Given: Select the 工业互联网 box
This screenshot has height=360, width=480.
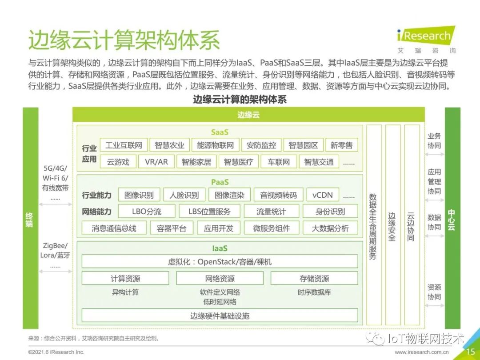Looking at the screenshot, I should (124, 145).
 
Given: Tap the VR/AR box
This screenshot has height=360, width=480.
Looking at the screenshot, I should (156, 162).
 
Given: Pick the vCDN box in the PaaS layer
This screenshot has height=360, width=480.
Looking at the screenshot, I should (323, 195).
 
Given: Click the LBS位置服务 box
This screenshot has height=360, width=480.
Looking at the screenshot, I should (209, 212).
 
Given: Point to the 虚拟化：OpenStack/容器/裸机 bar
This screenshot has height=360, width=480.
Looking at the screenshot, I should (220, 261).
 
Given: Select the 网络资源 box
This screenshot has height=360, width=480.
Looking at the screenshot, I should (220, 279).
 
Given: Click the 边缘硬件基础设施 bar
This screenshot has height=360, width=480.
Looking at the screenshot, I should (220, 316).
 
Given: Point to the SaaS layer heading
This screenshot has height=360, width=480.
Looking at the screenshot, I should (220, 132).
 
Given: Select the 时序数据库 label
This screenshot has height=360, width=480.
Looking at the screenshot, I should (314, 292).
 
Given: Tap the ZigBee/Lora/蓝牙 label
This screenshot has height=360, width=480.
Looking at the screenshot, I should (55, 250).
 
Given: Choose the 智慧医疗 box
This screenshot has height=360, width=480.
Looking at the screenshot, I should (238, 162).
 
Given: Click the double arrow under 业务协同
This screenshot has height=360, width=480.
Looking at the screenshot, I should (434, 155).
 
